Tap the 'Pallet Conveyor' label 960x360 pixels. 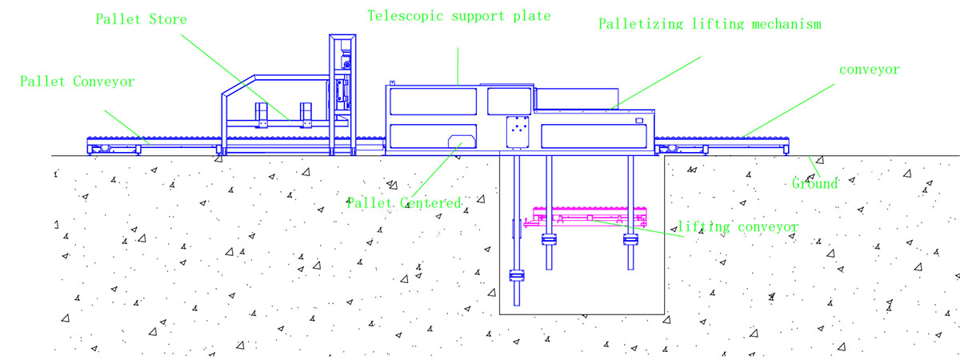(x=78, y=81)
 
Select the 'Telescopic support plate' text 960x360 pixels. (x=459, y=16)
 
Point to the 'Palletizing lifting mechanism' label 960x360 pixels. (x=710, y=24)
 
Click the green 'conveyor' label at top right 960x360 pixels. (x=870, y=70)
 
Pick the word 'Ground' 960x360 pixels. (x=815, y=184)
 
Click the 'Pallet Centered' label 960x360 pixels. (x=404, y=203)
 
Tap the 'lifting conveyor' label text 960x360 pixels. (x=738, y=227)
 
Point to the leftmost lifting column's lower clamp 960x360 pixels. (x=516, y=277)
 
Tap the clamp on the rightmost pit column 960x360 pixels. (x=631, y=239)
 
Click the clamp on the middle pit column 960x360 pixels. (x=549, y=239)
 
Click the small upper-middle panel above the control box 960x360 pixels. (x=509, y=100)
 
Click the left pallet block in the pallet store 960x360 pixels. (x=262, y=115)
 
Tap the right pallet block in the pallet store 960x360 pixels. (x=305, y=115)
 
